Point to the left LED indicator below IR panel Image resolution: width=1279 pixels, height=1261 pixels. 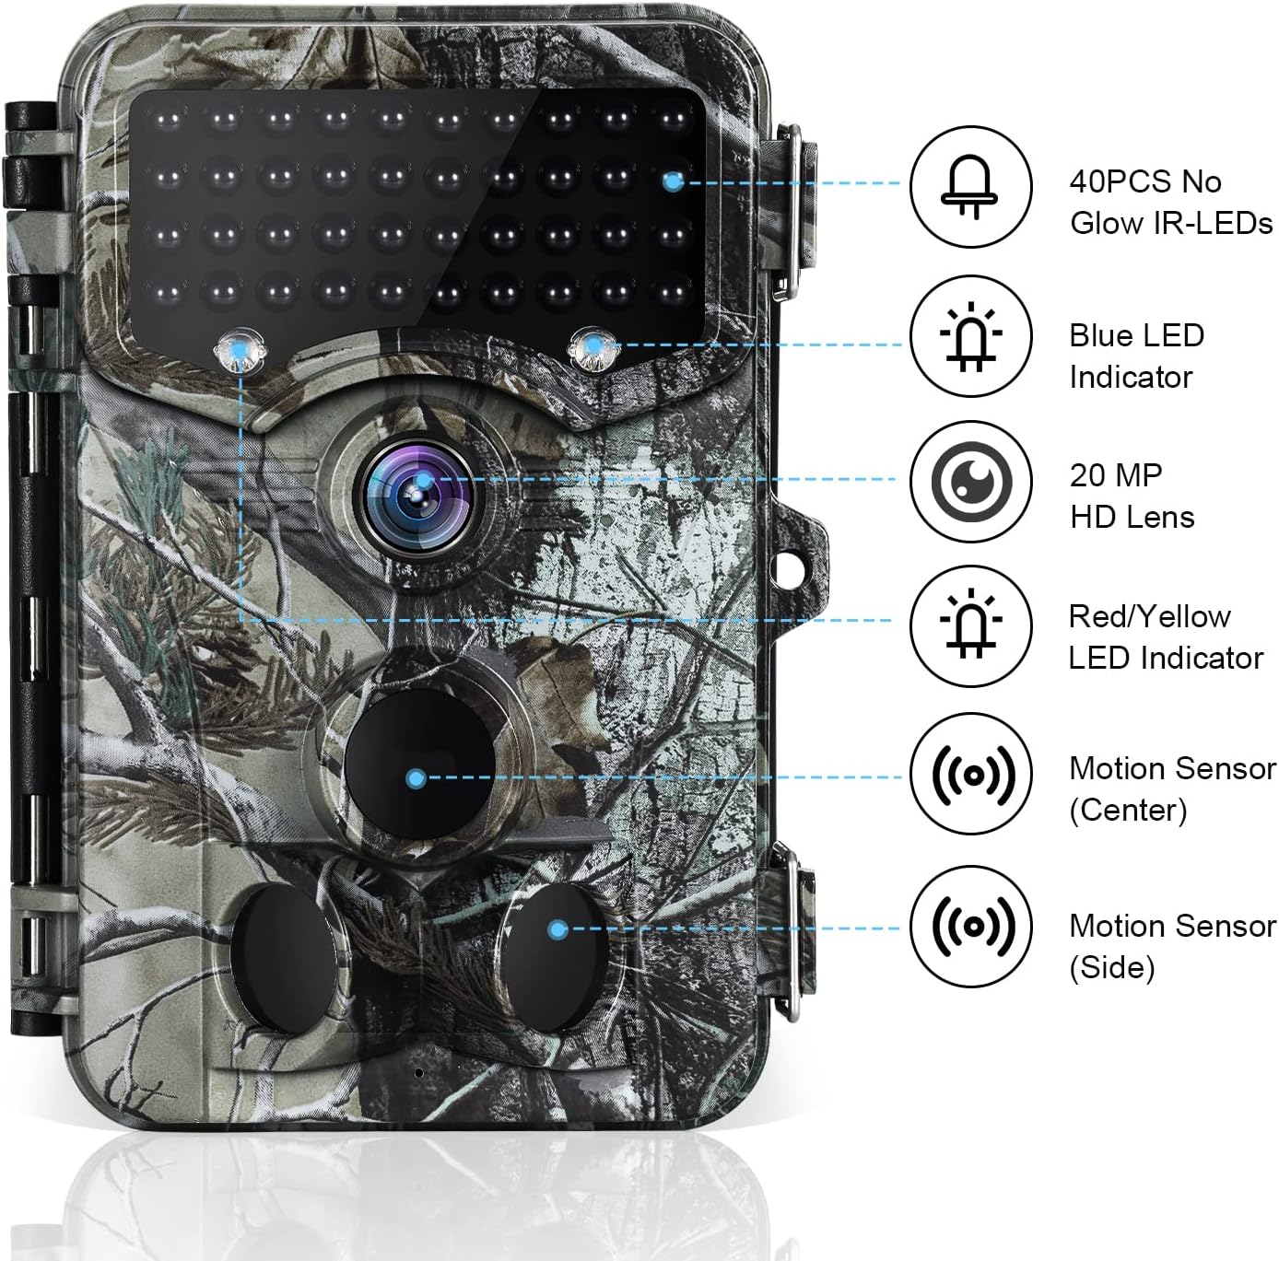pyautogui.click(x=238, y=350)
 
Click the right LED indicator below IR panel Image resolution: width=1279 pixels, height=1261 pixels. pyautogui.click(x=593, y=349)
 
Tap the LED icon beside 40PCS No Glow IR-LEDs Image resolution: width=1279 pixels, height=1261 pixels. pyautogui.click(x=969, y=187)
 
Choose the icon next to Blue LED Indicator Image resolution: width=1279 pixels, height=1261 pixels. pyautogui.click(x=969, y=337)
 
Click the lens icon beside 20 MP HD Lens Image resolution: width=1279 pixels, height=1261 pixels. pyautogui.click(x=969, y=482)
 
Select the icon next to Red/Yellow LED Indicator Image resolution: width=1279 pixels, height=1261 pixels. pyautogui.click(x=969, y=626)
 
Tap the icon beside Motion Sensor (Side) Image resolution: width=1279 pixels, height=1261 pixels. pyautogui.click(x=969, y=926)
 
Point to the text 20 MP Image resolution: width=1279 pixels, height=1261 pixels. pyautogui.click(x=1115, y=475)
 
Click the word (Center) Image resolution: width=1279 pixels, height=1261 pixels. pyautogui.click(x=1128, y=811)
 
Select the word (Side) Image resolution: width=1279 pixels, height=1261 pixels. pyautogui.click(x=1111, y=968)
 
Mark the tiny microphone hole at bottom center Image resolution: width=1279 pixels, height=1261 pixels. pyautogui.click(x=417, y=1073)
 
